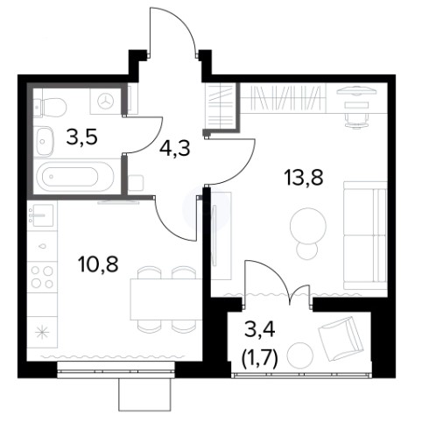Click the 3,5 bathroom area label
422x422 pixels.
pos(81,137)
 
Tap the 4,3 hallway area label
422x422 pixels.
pos(175,148)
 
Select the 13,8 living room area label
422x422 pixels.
pos(305,178)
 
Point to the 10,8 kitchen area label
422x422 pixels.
pos(98,264)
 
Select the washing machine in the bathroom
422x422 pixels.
pos(106,101)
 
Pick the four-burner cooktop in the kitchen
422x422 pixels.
pos(42,277)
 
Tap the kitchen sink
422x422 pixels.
pos(43,215)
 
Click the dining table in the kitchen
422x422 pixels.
pos(166,299)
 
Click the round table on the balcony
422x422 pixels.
pos(300,355)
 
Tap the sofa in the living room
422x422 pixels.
pos(365,235)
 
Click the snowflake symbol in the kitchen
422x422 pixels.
pos(41,333)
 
